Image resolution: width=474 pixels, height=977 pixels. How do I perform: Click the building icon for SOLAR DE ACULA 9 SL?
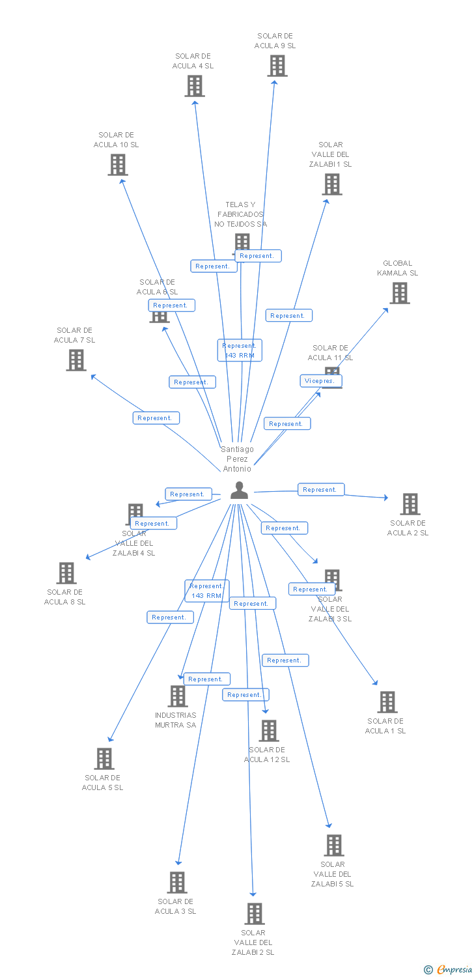point(277,66)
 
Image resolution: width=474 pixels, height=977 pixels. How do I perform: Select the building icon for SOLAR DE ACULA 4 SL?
point(194,86)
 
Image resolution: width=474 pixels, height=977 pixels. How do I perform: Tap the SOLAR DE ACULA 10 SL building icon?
point(117,165)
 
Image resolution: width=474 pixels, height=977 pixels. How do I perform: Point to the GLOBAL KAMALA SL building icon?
point(399,293)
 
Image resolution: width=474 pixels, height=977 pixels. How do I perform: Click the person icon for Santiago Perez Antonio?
point(239,490)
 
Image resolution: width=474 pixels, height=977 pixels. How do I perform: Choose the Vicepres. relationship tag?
point(321,380)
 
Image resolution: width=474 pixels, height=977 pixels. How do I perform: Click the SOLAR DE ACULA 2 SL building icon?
point(410,504)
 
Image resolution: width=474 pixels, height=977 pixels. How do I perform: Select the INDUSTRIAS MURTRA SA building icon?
point(177,696)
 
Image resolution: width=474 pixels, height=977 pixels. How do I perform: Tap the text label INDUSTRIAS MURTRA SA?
point(175,720)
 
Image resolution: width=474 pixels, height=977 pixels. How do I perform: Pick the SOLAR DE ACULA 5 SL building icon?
point(104,759)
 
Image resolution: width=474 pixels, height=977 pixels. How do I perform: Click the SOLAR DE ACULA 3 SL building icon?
point(176,883)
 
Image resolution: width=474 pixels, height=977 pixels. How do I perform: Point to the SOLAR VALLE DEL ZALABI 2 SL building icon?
point(254,914)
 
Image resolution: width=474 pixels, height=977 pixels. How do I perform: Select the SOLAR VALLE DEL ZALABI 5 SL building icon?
point(333,845)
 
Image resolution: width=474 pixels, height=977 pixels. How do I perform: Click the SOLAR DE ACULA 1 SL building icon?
point(387,702)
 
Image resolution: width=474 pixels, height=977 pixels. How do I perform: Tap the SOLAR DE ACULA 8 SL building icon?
point(66,573)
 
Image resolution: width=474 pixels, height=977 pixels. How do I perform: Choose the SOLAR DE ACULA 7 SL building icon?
point(76,360)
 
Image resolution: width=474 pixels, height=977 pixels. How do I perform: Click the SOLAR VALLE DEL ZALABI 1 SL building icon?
point(331,184)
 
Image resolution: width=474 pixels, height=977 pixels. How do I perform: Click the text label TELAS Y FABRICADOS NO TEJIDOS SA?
point(240,214)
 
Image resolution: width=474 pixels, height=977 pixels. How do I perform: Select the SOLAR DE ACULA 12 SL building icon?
point(268,731)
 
